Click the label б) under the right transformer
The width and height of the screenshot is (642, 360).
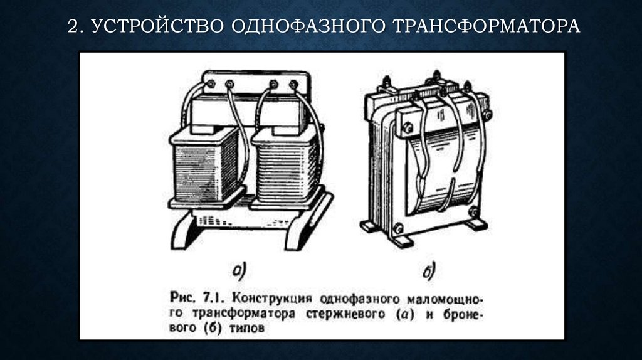429,271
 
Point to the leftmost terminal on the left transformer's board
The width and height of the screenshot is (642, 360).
210,83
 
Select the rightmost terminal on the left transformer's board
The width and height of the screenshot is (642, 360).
292,83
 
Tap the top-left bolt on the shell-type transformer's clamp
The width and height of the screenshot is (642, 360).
407,128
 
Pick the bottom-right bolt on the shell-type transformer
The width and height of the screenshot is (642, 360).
476,213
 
